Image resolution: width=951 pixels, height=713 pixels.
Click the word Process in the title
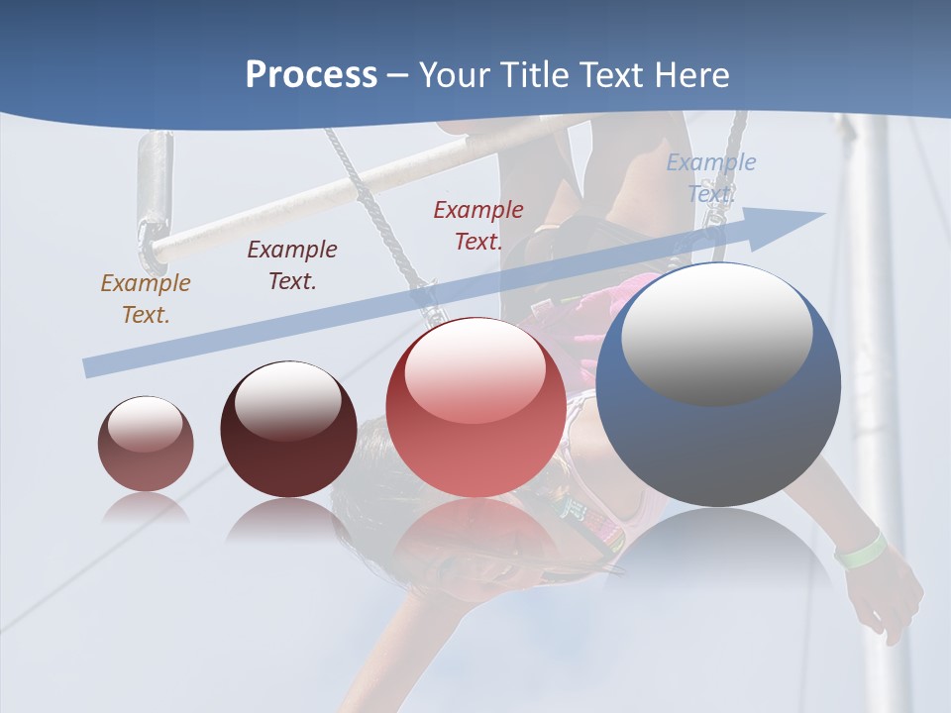coord(311,75)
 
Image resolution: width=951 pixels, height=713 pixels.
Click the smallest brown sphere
coord(146,445)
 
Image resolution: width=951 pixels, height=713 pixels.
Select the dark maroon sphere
coord(288,430)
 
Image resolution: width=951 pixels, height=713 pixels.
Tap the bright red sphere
coord(475,408)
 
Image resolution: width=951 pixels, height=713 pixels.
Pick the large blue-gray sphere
coord(718,385)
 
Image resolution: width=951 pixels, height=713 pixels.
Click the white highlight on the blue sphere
coord(716,333)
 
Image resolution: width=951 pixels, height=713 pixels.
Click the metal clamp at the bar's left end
coord(156,198)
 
